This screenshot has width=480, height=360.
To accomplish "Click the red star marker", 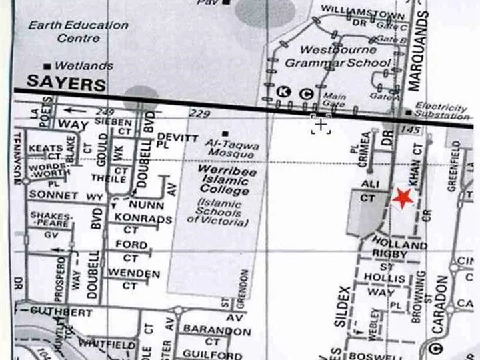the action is (402, 197).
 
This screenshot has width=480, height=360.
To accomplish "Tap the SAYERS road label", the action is (66, 85).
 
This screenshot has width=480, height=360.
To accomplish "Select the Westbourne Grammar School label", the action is (337, 57).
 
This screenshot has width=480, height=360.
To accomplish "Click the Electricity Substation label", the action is (441, 111).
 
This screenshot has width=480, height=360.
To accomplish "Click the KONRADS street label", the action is (143, 219).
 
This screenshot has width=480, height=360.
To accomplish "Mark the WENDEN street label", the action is (134, 273).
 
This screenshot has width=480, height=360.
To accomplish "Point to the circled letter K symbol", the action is (285, 93).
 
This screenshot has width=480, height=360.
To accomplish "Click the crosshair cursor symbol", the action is (321, 124).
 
